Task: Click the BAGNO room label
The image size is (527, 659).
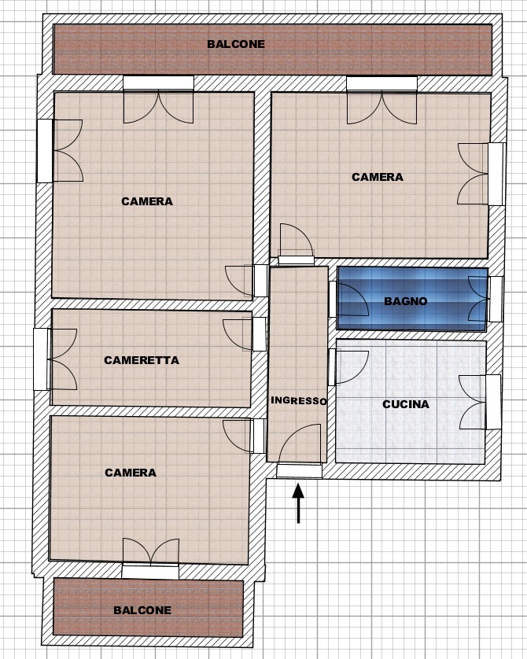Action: (x=406, y=301)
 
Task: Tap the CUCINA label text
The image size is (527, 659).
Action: (x=406, y=404)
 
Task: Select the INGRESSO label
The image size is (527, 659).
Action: (x=298, y=400)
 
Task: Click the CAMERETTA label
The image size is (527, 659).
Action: (x=142, y=360)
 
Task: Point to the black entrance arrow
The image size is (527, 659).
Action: (x=298, y=503)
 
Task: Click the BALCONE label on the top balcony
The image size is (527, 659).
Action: (x=236, y=44)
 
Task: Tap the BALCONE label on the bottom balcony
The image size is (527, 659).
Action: (x=142, y=610)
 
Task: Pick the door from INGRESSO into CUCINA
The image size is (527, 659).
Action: (x=348, y=367)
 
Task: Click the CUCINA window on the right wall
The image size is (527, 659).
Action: (x=480, y=402)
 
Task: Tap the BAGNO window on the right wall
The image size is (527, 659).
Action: (x=486, y=299)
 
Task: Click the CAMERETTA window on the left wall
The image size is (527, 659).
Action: (x=55, y=359)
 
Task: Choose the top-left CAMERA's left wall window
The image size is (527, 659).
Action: (x=60, y=151)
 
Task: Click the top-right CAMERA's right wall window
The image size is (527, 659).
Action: (x=481, y=174)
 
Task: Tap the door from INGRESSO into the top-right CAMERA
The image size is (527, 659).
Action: (x=297, y=245)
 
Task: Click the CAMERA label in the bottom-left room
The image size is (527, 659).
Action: (x=131, y=473)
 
